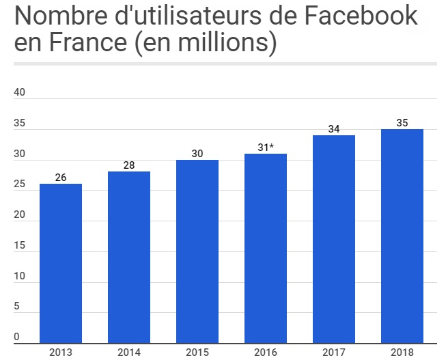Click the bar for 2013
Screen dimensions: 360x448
(x=61, y=263)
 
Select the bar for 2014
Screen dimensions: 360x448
(x=129, y=257)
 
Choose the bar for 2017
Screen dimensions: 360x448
(x=334, y=239)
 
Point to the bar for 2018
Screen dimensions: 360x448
(x=402, y=236)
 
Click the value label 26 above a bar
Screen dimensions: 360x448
(x=61, y=178)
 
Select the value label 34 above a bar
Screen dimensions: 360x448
(x=334, y=129)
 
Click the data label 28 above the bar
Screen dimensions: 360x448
(x=129, y=165)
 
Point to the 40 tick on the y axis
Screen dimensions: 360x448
(x=20, y=94)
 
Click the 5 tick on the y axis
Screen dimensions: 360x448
(x=16, y=307)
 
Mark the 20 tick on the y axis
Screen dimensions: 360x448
(x=20, y=216)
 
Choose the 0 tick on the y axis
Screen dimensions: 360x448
(x=16, y=337)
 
